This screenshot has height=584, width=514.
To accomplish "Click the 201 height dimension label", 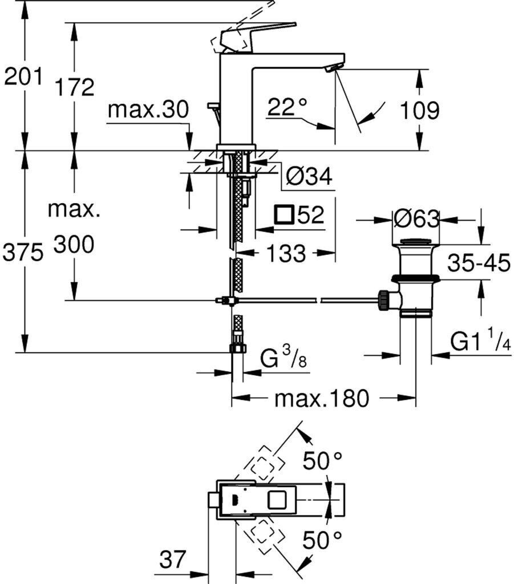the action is (x=23, y=76).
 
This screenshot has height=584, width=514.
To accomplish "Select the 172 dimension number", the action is (x=74, y=87).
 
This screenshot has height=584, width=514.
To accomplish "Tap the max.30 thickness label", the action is (x=148, y=109).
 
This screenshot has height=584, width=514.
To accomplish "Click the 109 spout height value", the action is (x=419, y=110).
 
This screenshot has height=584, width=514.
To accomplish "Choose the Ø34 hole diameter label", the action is (x=309, y=176).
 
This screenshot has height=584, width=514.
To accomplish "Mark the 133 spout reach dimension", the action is (x=286, y=253).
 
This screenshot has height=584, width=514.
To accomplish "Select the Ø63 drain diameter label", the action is (x=416, y=218).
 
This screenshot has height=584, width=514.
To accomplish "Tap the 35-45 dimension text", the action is (x=479, y=262).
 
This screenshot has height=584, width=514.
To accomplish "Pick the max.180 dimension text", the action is (x=322, y=398).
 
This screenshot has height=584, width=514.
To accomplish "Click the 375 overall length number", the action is (x=23, y=253).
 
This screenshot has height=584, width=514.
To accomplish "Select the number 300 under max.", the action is (x=74, y=245).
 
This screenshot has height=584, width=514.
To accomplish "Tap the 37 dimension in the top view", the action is (x=172, y=559).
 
